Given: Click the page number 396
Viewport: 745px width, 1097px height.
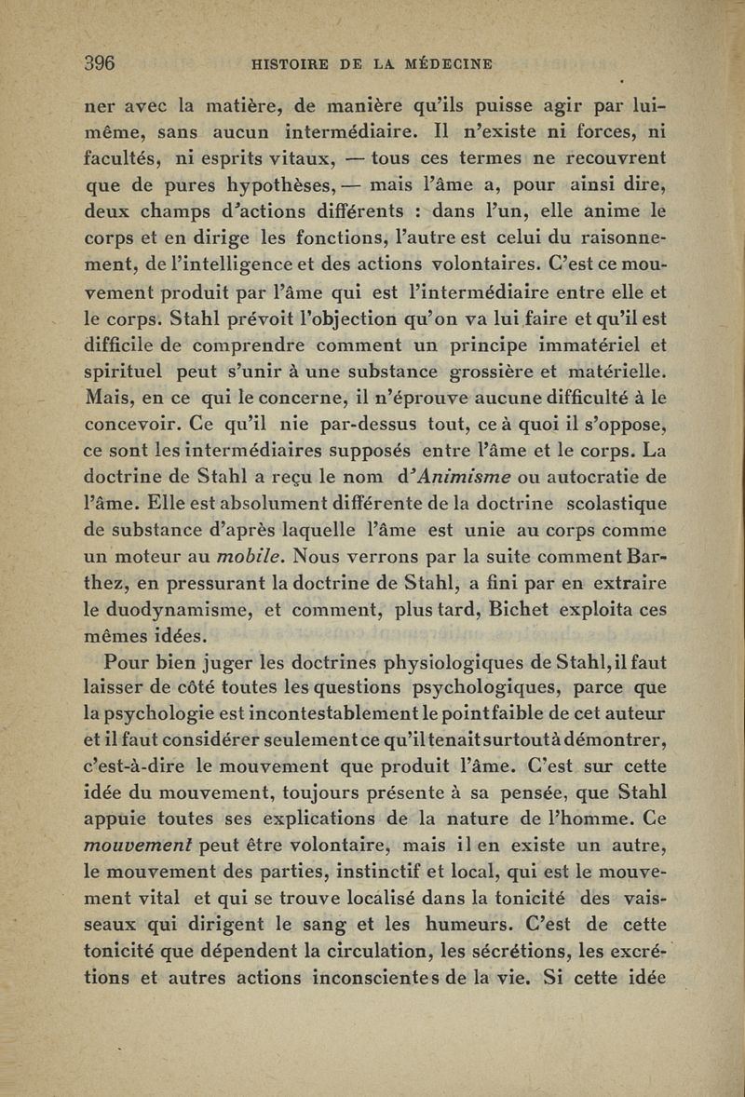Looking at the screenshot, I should pyautogui.click(x=99, y=64).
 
